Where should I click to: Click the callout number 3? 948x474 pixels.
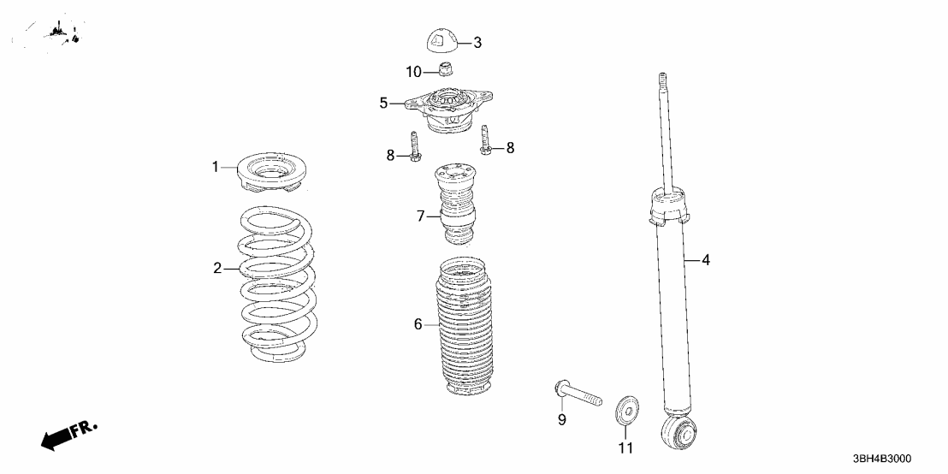point(477,43)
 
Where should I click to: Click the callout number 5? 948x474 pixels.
point(384,104)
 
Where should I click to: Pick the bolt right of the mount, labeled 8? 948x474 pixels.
point(485,139)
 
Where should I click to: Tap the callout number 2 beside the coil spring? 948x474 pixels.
point(217,269)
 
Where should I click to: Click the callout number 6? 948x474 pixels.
point(418,324)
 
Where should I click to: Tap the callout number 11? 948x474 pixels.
point(625,448)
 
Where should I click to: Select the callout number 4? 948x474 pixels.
point(706,261)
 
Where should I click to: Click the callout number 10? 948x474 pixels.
point(414,73)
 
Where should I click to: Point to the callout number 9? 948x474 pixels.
point(562,419)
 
